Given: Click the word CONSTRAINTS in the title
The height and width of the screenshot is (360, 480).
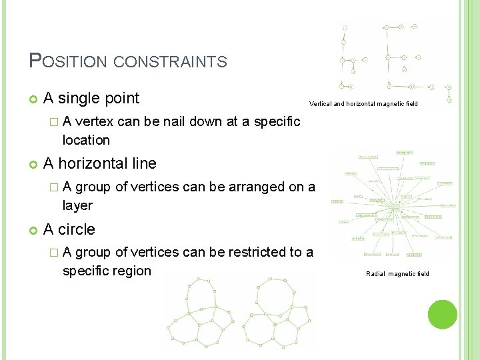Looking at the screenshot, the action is point(171,63).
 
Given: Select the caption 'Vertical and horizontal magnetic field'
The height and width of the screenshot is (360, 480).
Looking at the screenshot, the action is point(363,104).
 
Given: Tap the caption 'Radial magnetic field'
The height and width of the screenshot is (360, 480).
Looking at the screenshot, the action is point(397,274).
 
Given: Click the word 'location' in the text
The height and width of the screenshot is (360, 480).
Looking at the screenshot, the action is point(85,140).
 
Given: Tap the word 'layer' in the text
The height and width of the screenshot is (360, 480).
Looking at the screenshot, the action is point(77,205).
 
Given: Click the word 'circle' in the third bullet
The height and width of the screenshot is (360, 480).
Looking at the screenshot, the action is point(77,229).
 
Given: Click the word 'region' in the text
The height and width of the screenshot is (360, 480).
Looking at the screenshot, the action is point(133,271).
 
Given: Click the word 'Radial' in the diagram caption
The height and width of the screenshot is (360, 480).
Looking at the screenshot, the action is point(375,274).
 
